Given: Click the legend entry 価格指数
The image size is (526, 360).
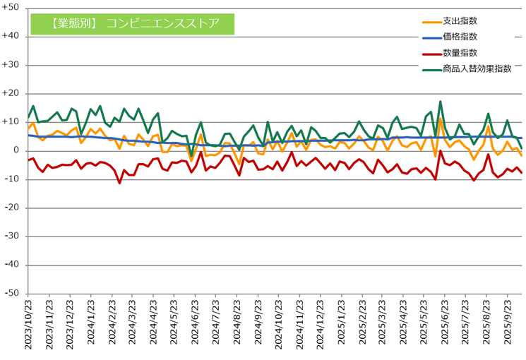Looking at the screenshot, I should pyautogui.click(x=460, y=37).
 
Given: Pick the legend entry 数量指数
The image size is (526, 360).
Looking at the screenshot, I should pyautogui.click(x=460, y=53).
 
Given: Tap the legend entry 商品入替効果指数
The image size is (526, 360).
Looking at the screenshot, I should pyautogui.click(x=477, y=69).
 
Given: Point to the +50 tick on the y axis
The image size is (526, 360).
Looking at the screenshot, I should pyautogui.click(x=12, y=8).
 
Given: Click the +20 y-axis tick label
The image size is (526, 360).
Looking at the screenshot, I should pyautogui.click(x=12, y=93).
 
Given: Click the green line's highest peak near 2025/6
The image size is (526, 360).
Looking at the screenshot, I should pyautogui.click(x=441, y=102).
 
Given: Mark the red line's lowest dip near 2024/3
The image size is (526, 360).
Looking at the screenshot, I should pyautogui.click(x=119, y=183).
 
